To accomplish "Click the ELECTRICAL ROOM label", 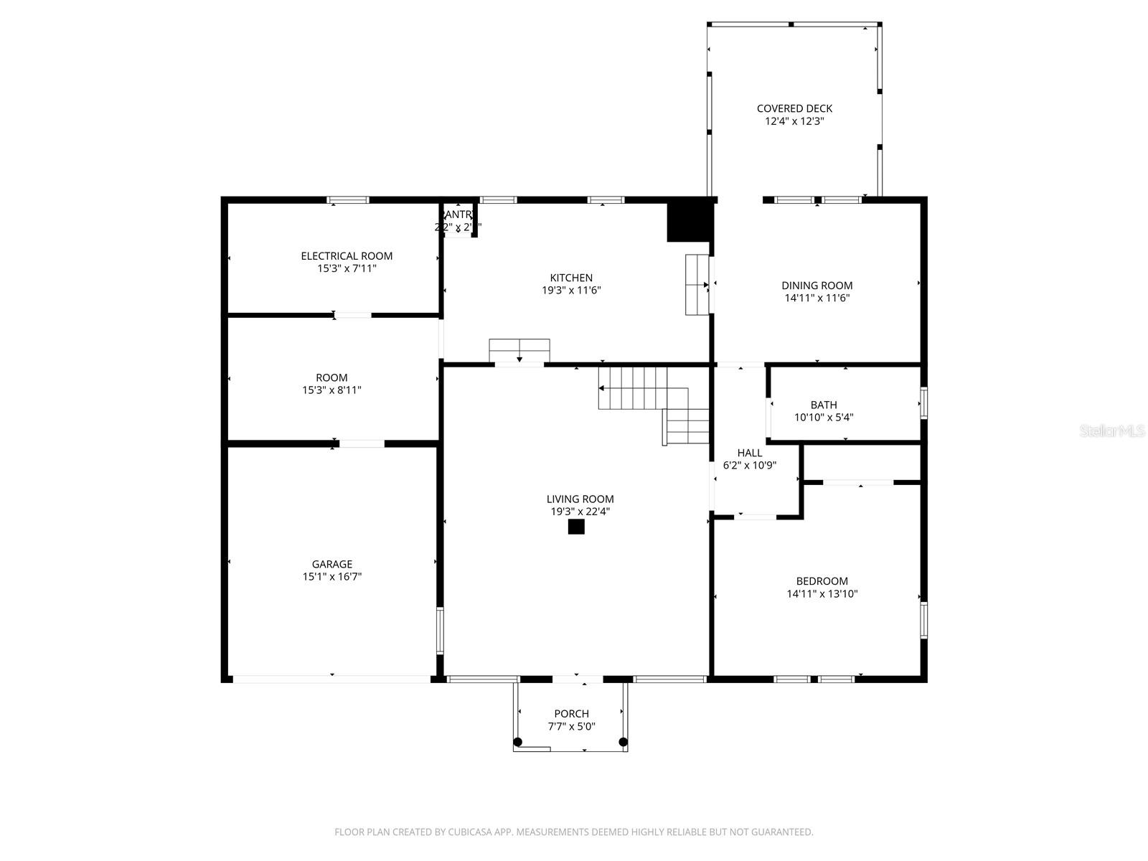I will (347, 256).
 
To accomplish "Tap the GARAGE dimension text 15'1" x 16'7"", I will (331, 577).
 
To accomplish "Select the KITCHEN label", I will (571, 278).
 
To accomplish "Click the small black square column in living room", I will (576, 527).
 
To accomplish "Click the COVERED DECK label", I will (794, 109).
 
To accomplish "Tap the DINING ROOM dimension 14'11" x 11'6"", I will (817, 298).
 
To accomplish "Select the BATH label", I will (823, 405).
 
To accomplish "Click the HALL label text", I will (750, 453).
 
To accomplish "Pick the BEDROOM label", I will (822, 582).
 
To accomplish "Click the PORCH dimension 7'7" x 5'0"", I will (571, 726).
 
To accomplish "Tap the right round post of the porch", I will (623, 741).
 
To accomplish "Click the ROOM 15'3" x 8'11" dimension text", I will (331, 390).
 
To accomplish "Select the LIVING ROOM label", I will (580, 499).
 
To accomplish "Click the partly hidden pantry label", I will (458, 215).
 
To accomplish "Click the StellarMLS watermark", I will (1113, 431).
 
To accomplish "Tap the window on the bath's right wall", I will (923, 403).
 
